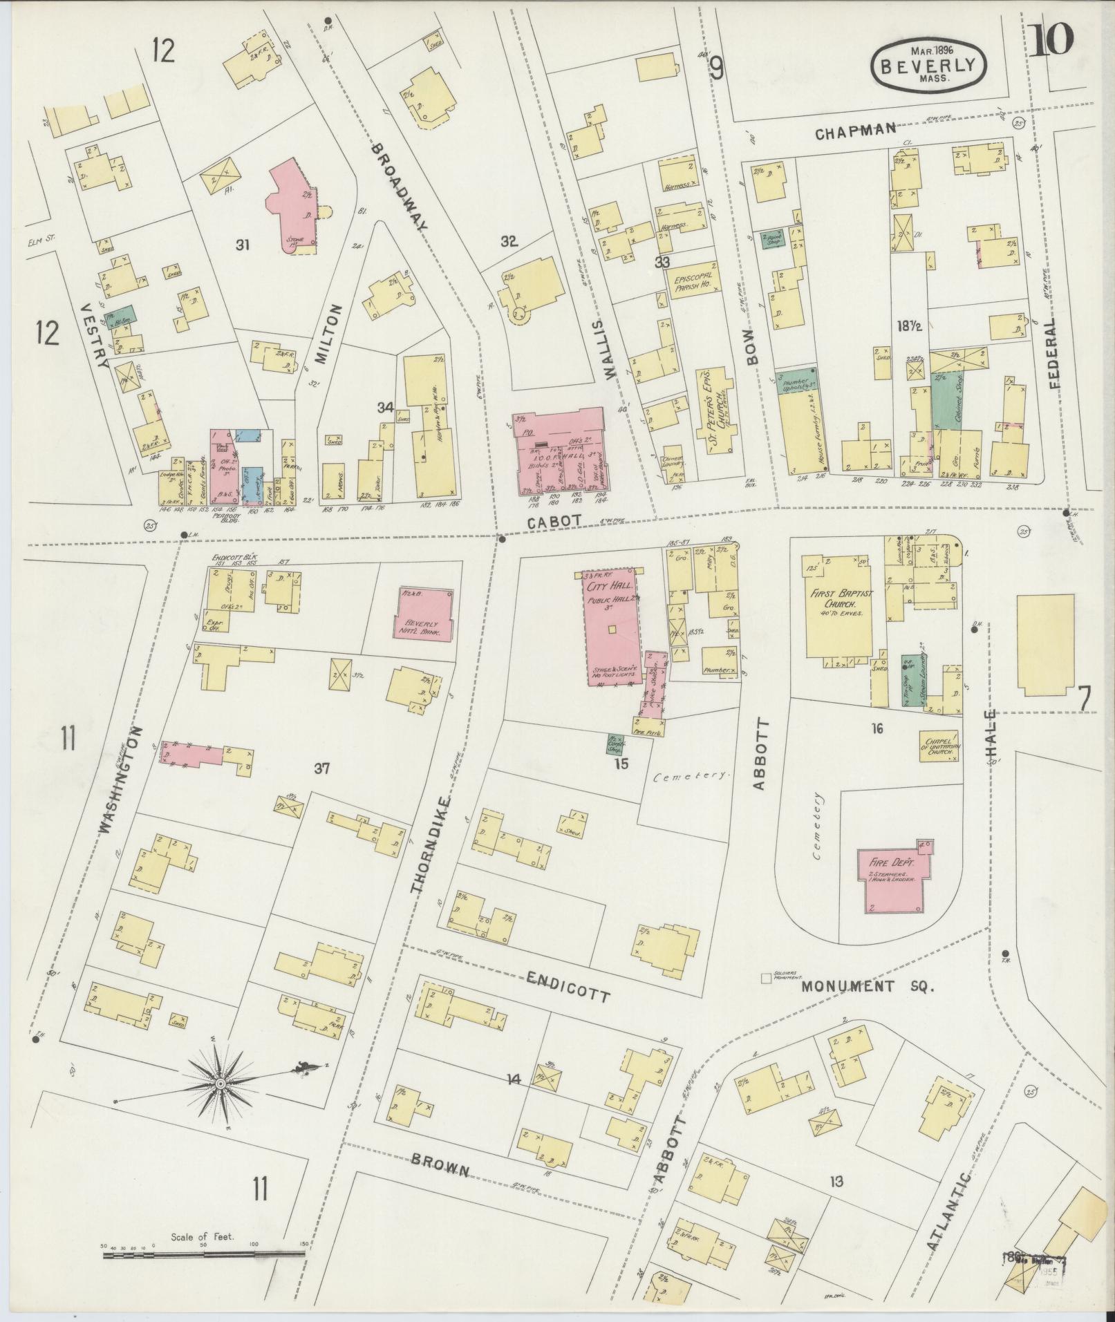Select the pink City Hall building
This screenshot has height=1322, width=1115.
611,626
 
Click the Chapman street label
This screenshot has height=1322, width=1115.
855,131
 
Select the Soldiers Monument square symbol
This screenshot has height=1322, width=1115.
765,978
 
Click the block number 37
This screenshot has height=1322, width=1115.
321,768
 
